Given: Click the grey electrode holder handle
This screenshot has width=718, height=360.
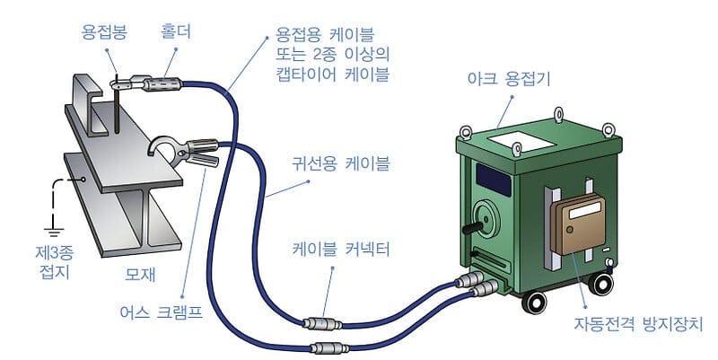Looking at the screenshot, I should click(162, 84).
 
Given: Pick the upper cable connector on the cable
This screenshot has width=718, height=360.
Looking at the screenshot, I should click(320, 320).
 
